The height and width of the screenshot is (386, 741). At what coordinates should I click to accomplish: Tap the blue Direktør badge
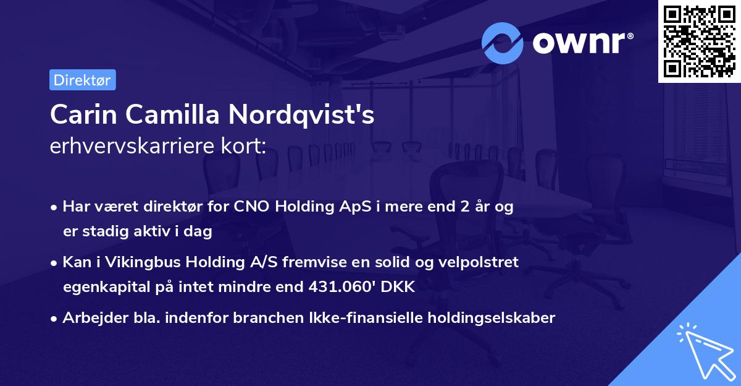(x=82, y=80)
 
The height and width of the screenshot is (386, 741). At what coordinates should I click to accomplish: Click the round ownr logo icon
(x=503, y=42)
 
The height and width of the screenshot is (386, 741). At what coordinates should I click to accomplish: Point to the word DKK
(x=401, y=286)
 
